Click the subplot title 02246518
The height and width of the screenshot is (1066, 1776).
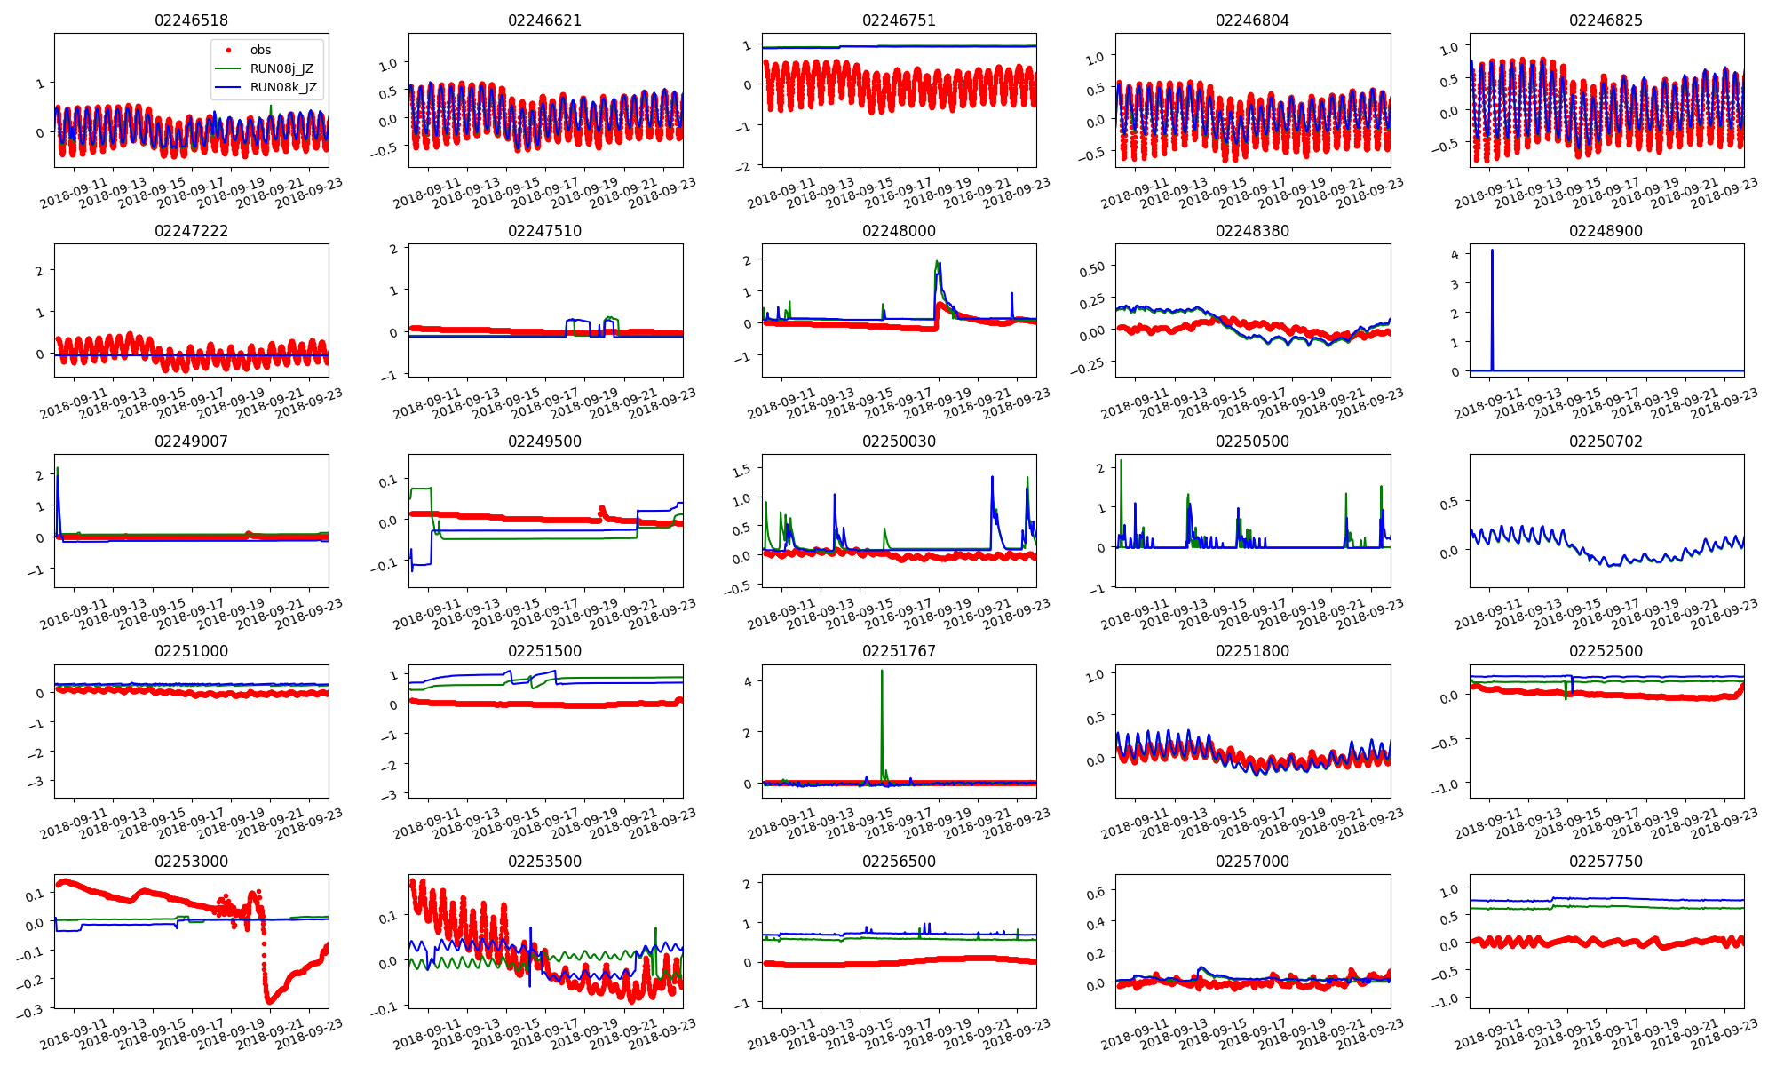191,20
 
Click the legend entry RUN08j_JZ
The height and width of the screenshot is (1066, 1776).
281,68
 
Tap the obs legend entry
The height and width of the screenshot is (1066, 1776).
260,50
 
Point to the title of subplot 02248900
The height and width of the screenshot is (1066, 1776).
1606,231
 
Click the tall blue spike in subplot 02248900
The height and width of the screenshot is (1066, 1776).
1492,251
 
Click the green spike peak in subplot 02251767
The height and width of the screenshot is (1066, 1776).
882,671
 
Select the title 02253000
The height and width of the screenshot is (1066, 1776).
191,862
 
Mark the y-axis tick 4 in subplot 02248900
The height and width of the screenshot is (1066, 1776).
1455,254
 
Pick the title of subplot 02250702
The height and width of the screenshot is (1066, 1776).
1606,442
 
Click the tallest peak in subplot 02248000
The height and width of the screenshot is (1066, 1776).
938,262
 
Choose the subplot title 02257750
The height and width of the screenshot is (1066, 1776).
1606,862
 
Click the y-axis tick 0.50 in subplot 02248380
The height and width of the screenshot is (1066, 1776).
1092,268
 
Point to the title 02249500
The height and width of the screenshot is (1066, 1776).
544,442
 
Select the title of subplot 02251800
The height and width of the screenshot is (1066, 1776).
1252,651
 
